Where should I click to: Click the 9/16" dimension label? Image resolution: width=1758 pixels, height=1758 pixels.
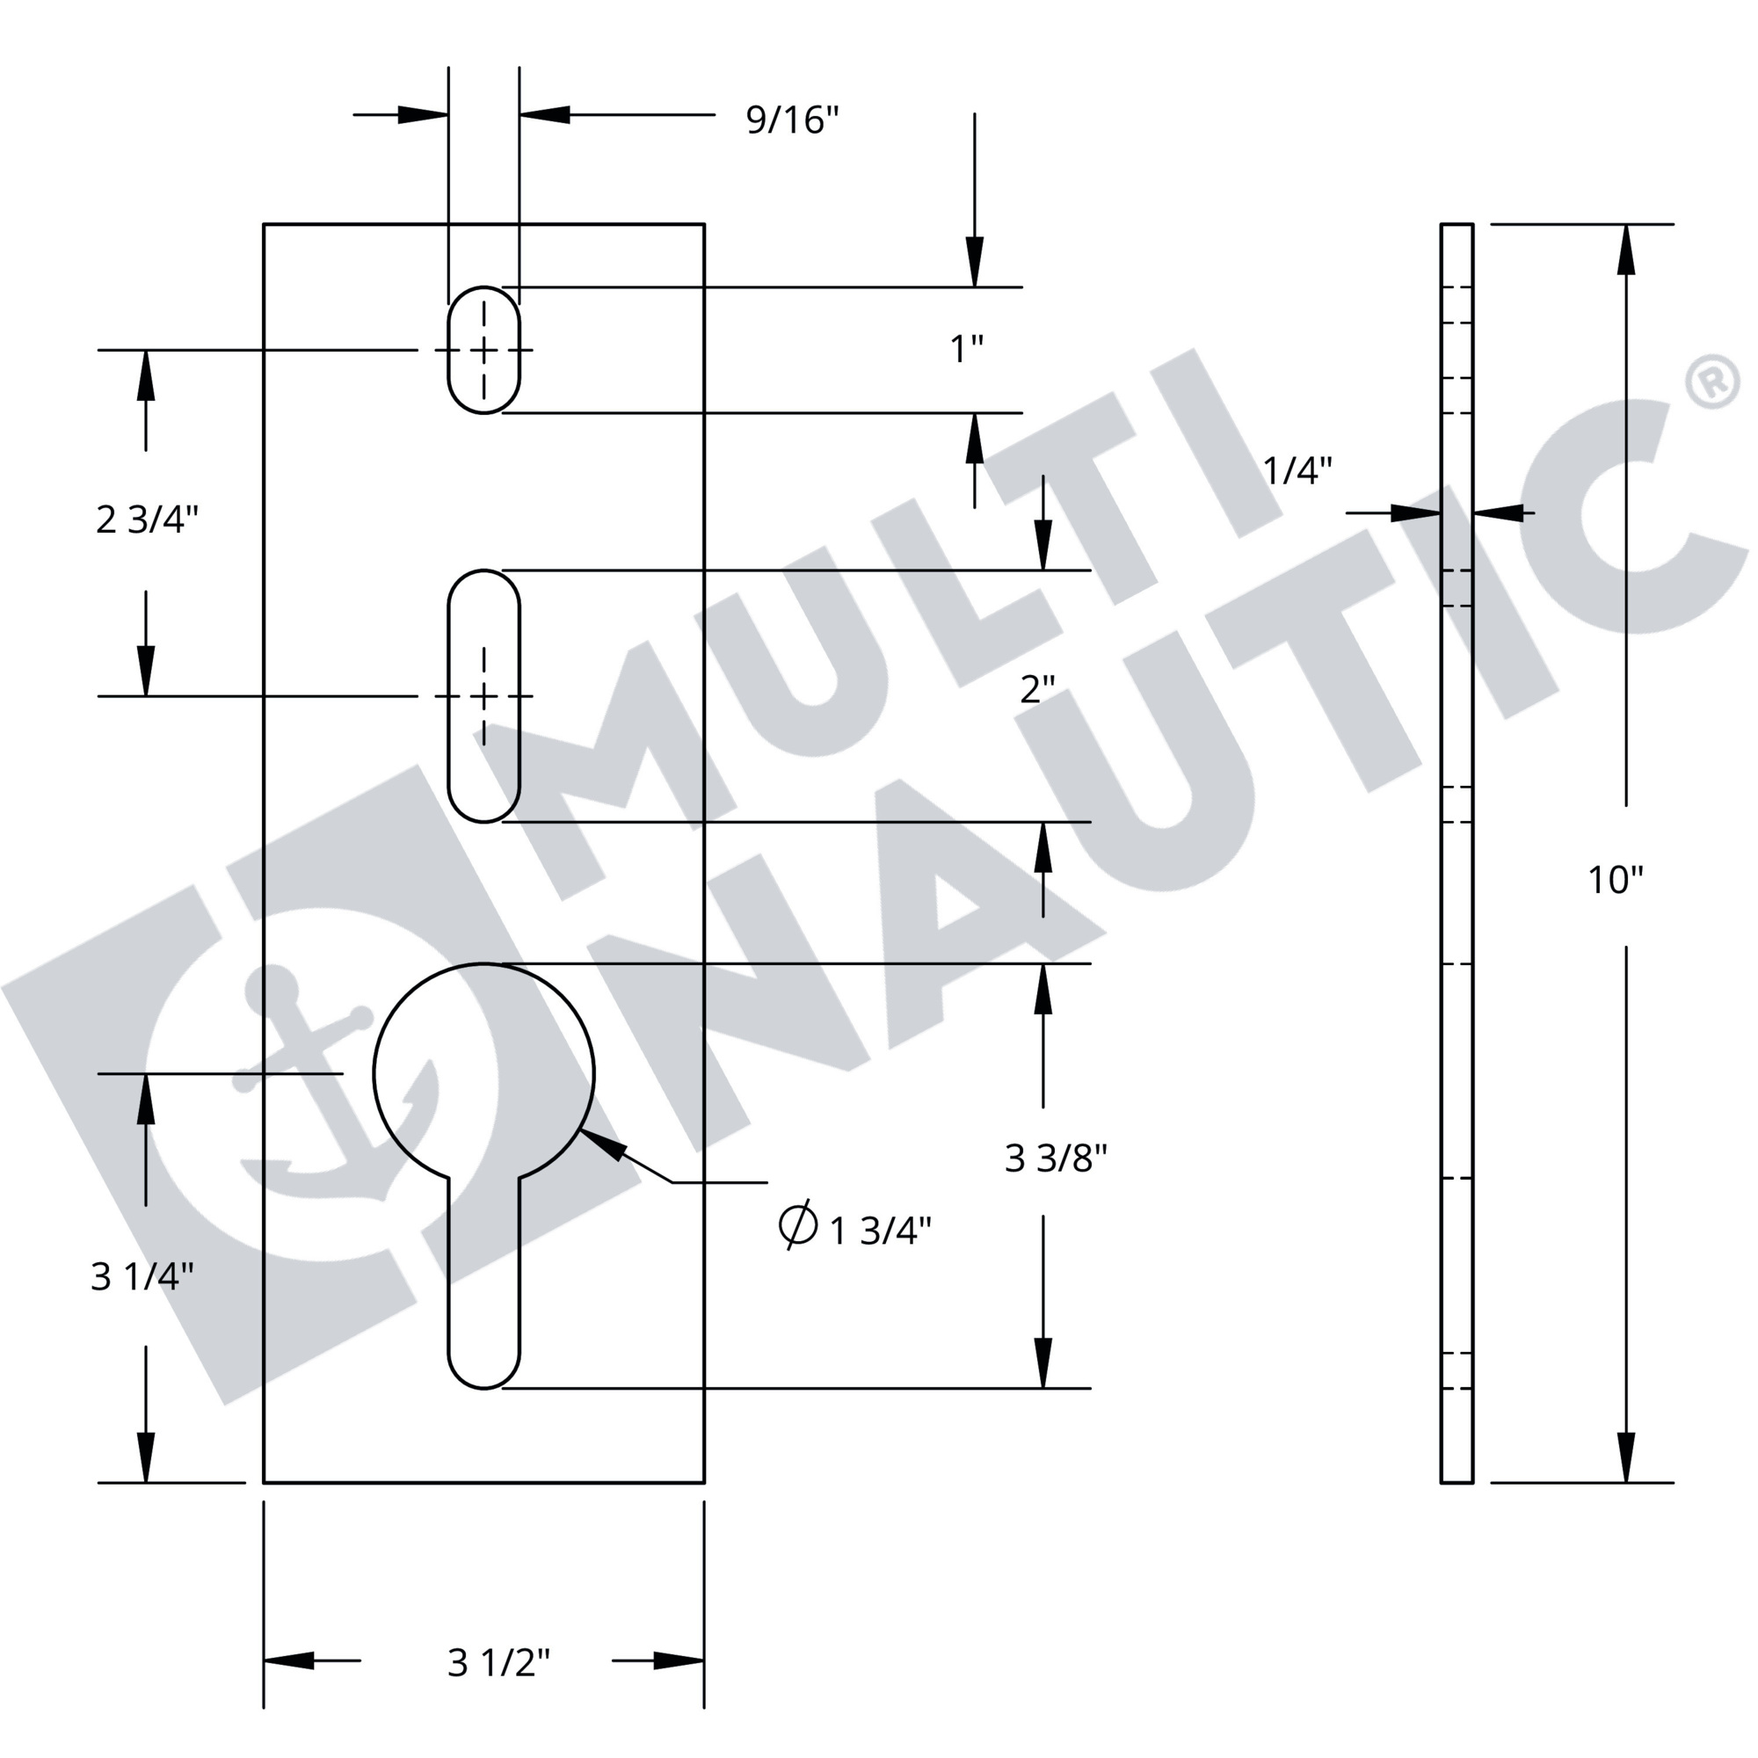click(792, 120)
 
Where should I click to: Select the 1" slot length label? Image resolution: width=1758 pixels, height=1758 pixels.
click(966, 348)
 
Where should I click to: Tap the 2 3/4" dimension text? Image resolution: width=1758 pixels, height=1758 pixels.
click(147, 519)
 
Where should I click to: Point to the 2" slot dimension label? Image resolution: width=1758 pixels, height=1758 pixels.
click(1037, 690)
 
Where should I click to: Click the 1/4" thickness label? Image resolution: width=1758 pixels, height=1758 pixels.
click(1297, 470)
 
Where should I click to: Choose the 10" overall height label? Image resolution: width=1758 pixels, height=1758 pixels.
click(1615, 880)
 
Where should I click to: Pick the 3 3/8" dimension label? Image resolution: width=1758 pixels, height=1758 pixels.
click(1056, 1159)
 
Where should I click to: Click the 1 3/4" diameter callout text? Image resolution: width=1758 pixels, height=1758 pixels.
click(881, 1231)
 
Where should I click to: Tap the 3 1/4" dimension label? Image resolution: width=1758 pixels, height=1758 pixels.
click(142, 1276)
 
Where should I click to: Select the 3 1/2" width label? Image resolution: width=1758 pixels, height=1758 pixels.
click(498, 1662)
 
